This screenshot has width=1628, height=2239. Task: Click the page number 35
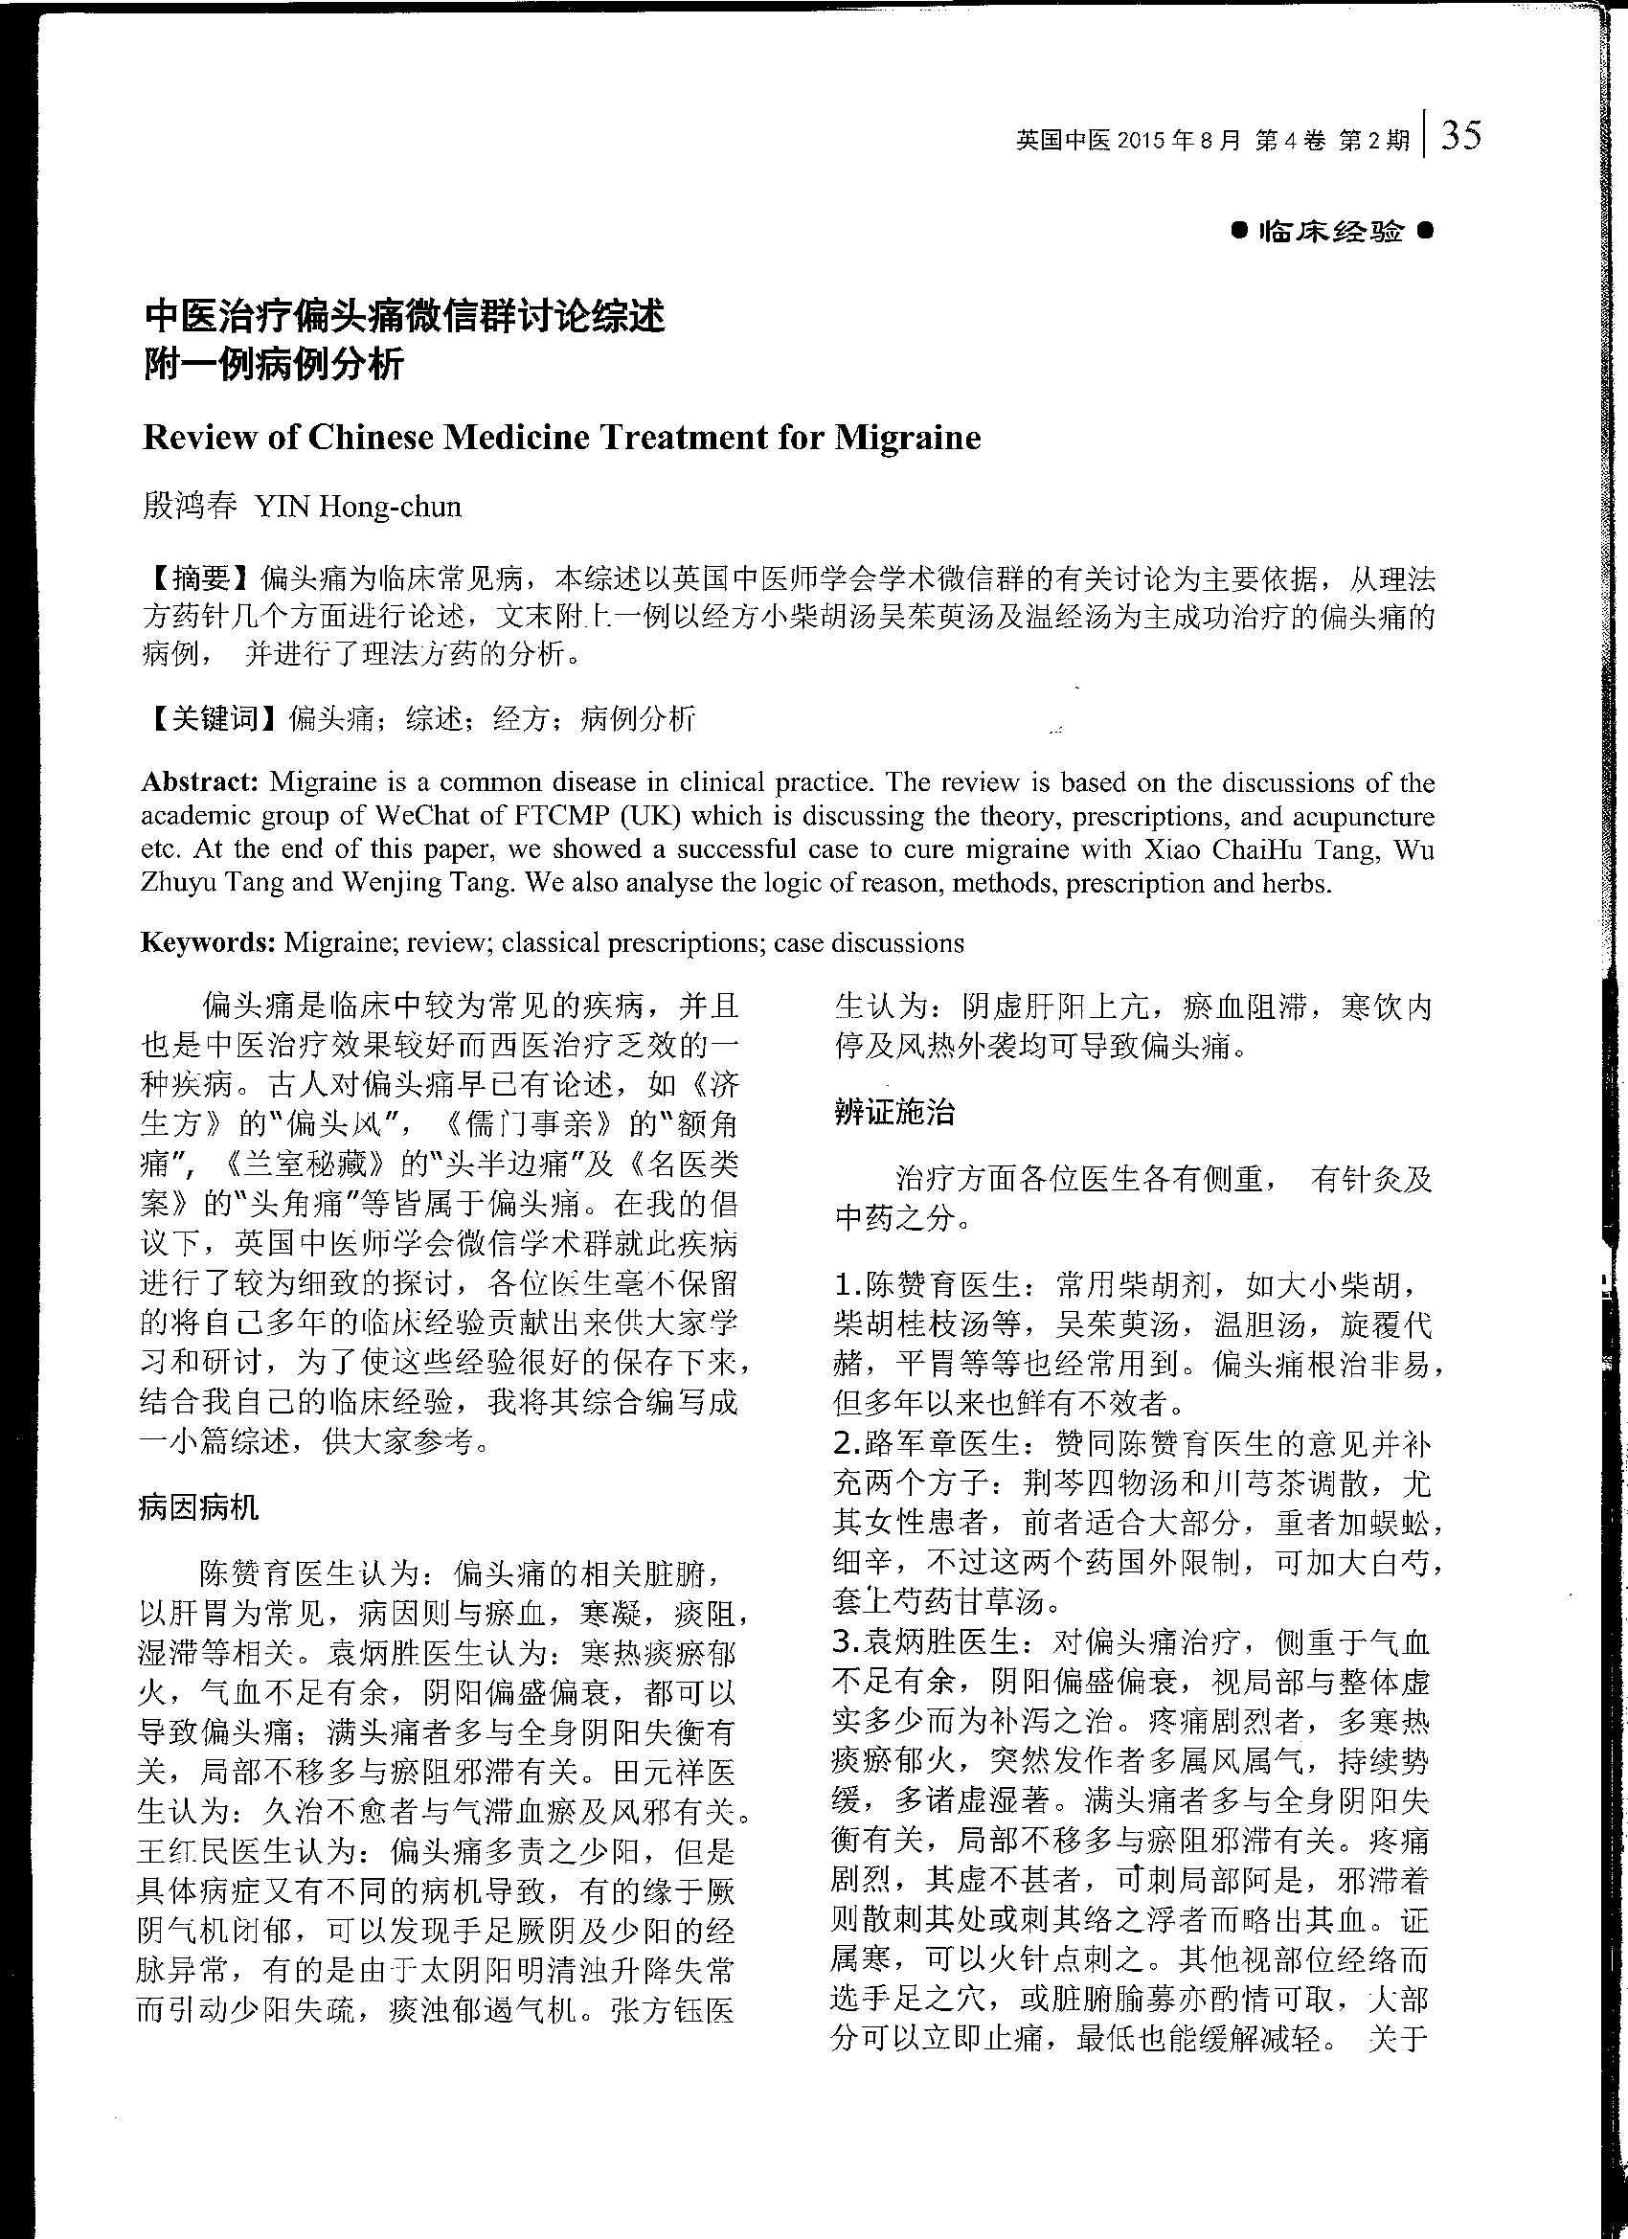[1461, 135]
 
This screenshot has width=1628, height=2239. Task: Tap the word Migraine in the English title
[908, 438]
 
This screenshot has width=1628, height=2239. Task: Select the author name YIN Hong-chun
[358, 507]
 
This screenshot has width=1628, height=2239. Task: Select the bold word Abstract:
[200, 782]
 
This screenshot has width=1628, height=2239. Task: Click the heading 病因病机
[198, 1506]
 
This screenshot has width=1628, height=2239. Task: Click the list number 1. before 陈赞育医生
[848, 1285]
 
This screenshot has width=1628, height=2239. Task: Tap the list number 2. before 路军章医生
[848, 1443]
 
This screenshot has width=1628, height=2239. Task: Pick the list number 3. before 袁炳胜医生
[848, 1641]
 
